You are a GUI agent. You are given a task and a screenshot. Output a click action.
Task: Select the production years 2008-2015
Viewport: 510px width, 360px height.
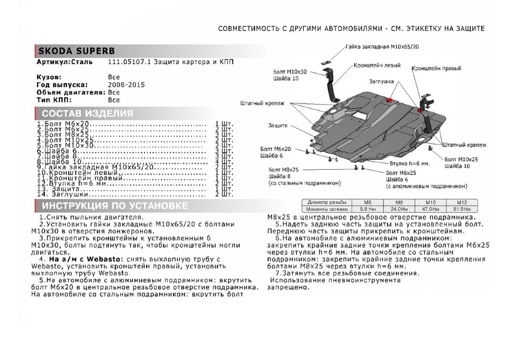(126, 85)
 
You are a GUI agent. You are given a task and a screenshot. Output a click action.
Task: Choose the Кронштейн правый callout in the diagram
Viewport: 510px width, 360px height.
(433, 68)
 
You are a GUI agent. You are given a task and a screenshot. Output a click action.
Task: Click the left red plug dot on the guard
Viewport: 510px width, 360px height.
(389, 99)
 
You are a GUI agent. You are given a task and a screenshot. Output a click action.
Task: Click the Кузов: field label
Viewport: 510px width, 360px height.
(49, 77)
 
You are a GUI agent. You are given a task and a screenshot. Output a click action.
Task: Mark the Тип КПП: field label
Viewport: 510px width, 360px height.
(52, 99)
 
